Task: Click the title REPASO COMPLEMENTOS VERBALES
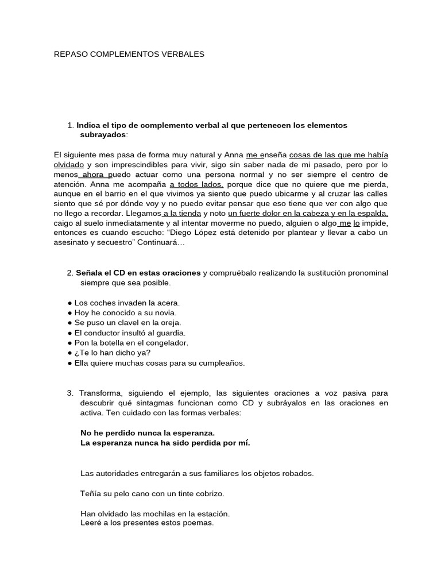[x=129, y=55]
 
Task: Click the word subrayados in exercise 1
[x=103, y=134]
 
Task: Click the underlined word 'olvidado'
[x=69, y=164]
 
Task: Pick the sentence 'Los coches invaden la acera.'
[x=127, y=303]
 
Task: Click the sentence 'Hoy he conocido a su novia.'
[x=125, y=313]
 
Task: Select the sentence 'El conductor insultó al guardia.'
[x=130, y=332]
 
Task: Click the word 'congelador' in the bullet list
[x=167, y=343]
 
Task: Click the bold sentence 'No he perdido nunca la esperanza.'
[x=148, y=432]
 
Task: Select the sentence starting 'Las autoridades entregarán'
[x=198, y=474]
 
